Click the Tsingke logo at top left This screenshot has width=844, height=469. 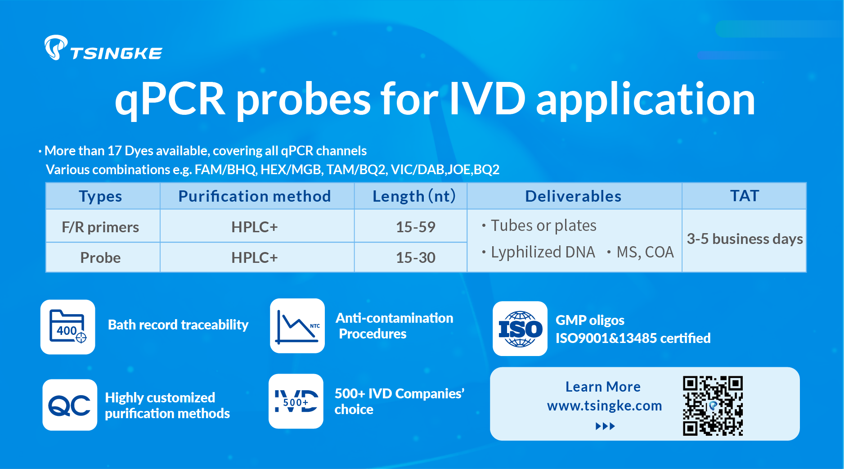(103, 48)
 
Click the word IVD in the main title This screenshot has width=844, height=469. (487, 99)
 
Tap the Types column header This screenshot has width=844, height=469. (100, 196)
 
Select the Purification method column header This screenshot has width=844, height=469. (255, 196)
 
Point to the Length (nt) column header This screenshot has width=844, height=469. (414, 196)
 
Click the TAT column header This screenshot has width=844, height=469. (745, 196)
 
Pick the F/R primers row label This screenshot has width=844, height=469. (100, 227)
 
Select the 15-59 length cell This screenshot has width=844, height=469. (416, 227)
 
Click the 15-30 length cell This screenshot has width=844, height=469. (416, 257)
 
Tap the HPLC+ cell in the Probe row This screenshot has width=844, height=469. (255, 257)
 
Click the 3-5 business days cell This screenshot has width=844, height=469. (745, 239)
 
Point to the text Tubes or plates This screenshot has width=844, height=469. (543, 225)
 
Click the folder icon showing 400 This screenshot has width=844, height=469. (68, 327)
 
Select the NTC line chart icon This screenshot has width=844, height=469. (297, 326)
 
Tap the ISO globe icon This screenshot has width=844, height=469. (520, 329)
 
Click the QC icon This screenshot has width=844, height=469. (70, 405)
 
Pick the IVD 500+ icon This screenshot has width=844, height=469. (296, 401)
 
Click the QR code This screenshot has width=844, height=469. (713, 406)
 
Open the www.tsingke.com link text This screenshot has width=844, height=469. (604, 406)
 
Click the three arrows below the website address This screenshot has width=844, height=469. (605, 426)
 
